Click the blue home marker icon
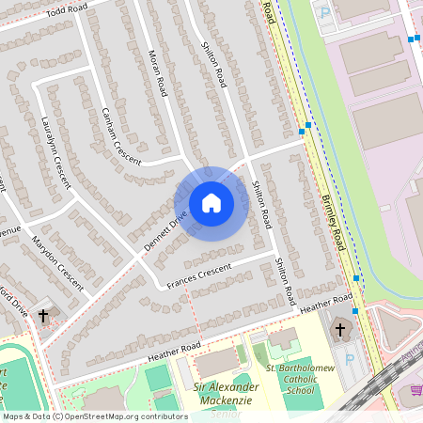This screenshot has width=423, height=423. coord(211,202)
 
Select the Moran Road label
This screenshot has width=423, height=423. coord(155,73)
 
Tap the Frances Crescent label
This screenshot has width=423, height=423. coord(198,275)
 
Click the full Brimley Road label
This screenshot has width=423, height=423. coord(334,211)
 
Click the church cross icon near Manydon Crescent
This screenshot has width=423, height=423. coord(44,317)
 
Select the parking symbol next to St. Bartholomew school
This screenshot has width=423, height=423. coord(350,359)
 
